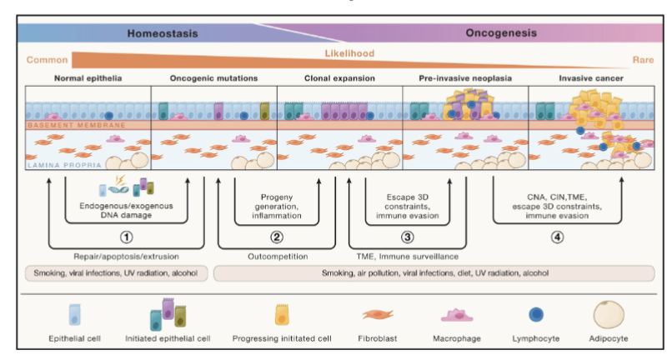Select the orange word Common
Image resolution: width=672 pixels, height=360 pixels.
click(47, 59)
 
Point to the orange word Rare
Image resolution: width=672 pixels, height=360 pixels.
click(638, 59)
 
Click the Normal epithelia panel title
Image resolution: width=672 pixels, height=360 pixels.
click(88, 78)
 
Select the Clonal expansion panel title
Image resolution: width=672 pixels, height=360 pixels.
click(339, 78)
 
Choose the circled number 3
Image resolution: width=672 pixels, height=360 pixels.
click(408, 234)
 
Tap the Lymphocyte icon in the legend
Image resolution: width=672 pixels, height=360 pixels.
click(535, 314)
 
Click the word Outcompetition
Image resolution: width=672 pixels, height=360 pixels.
click(278, 256)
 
